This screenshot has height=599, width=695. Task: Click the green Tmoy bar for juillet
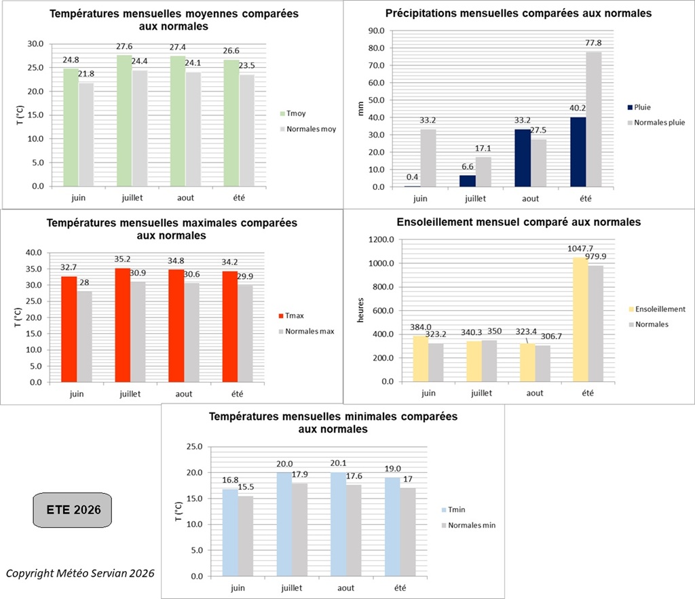click(x=125, y=121)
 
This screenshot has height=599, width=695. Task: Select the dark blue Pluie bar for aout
click(x=523, y=158)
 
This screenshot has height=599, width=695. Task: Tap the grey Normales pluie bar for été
click(x=594, y=119)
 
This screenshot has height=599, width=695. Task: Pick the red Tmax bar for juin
click(x=69, y=329)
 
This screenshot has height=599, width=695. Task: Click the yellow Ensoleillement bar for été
click(x=581, y=320)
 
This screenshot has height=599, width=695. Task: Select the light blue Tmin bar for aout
click(x=338, y=524)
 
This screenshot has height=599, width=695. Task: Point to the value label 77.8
click(x=593, y=43)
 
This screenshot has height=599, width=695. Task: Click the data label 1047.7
click(x=580, y=248)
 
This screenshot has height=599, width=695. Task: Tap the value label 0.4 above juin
click(x=412, y=177)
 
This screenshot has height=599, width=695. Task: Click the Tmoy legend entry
click(x=293, y=113)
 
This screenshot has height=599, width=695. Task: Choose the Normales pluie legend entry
click(x=656, y=122)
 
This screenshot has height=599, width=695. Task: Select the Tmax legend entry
click(x=291, y=315)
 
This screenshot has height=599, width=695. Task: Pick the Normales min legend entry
click(x=468, y=525)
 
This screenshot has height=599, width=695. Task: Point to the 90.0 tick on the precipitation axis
click(x=376, y=31)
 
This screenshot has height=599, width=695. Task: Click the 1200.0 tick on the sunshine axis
click(x=381, y=239)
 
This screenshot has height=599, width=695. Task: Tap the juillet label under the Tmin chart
click(x=292, y=588)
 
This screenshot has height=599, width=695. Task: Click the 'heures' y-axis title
click(x=360, y=310)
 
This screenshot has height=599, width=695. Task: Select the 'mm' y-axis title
click(x=360, y=109)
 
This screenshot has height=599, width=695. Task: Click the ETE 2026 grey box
click(x=72, y=510)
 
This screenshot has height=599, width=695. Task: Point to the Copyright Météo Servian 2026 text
click(x=80, y=573)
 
